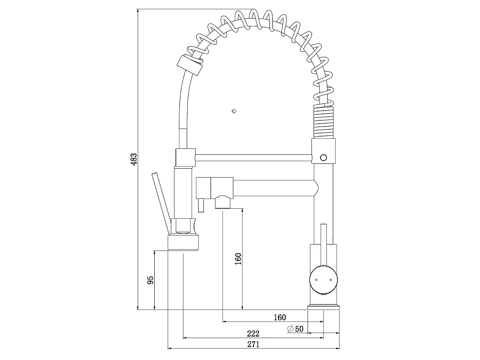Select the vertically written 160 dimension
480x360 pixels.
[238, 259]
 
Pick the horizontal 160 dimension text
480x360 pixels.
[279, 317]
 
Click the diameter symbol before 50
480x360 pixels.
[290, 329]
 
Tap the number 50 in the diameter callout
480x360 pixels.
[299, 329]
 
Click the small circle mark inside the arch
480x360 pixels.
[233, 111]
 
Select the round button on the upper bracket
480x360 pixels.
[324, 157]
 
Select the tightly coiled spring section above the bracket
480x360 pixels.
[323, 122]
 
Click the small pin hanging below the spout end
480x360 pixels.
[200, 205]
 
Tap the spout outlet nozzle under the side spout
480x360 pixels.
[223, 201]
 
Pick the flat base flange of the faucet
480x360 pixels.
[324, 307]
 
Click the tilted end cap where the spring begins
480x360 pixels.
[189, 64]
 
